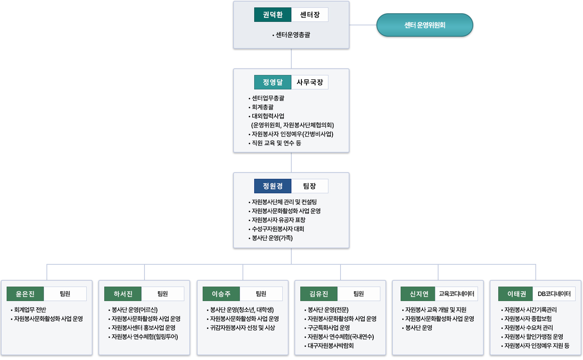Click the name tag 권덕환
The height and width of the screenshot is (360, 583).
coord(273,14)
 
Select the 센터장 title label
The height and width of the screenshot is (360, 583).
coord(310,14)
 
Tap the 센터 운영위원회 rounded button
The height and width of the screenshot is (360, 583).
coord(424,25)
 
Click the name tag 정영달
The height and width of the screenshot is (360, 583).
coord(273,82)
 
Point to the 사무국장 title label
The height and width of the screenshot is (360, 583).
coord(310,82)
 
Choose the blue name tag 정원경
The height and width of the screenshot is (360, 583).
coord(273,186)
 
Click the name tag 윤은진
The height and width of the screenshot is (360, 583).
coord(25,294)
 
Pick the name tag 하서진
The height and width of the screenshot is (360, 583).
coord(123,294)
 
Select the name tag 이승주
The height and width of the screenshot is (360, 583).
coord(221,294)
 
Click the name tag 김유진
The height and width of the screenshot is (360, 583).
coord(319,294)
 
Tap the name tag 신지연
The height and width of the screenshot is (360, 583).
coord(418,294)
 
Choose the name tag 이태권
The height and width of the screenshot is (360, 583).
coord(515,294)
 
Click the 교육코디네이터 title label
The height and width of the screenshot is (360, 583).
coord(456,294)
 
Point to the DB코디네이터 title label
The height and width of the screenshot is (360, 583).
coord(554,294)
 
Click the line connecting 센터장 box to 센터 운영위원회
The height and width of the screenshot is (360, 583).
coord(363,25)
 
